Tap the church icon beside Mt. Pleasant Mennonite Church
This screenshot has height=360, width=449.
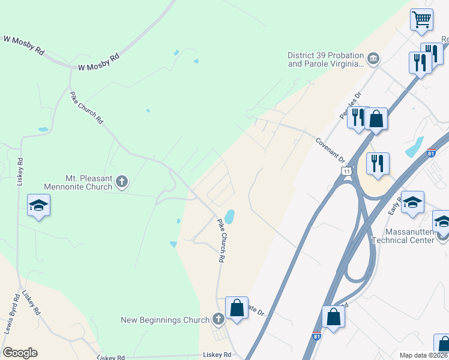coord(122,181)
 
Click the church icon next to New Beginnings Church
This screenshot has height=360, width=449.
coord(218,319)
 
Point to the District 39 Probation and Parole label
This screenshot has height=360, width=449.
coord(326,59)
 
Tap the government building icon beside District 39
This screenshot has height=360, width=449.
coord(373,58)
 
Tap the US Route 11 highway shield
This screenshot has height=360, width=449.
coord(347,172)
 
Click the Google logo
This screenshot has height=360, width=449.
coord(20,353)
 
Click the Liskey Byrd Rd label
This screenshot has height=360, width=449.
coord(31,303)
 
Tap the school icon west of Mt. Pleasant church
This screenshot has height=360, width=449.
coord(39,206)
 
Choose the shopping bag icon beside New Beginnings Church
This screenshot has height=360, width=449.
coord(237,308)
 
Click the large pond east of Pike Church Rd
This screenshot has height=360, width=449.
coord(229,215)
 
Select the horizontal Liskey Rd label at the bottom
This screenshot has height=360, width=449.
coord(217,355)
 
